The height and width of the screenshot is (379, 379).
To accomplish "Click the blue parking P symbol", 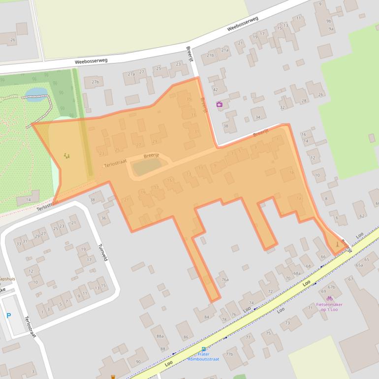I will (8, 315).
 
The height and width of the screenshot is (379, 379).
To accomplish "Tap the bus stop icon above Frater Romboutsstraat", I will (204, 349).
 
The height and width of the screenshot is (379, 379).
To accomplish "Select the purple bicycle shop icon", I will (329, 298).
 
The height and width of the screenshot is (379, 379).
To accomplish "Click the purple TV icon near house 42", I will (219, 104).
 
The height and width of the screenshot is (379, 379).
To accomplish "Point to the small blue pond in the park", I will (36, 93).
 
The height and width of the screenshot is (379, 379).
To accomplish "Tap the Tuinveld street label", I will (102, 253).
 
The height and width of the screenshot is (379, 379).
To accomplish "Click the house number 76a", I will (225, 280).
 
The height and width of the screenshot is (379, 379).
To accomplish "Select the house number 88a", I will (159, 336).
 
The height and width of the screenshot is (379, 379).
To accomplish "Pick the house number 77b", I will (229, 354).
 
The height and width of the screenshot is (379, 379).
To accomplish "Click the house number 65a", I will (359, 265).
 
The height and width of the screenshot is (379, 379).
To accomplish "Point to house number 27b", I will (95, 82).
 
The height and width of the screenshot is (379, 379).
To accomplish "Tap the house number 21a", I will (225, 50).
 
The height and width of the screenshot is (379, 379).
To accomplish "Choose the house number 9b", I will (328, 21).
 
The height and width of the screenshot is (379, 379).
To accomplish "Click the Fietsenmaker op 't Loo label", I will (329, 307).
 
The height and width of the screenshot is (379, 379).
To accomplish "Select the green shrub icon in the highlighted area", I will (66, 156).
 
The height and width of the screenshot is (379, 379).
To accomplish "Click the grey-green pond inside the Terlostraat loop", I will (147, 166).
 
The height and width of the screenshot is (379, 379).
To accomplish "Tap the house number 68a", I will (297, 273).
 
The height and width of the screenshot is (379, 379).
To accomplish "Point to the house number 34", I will (258, 117).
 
